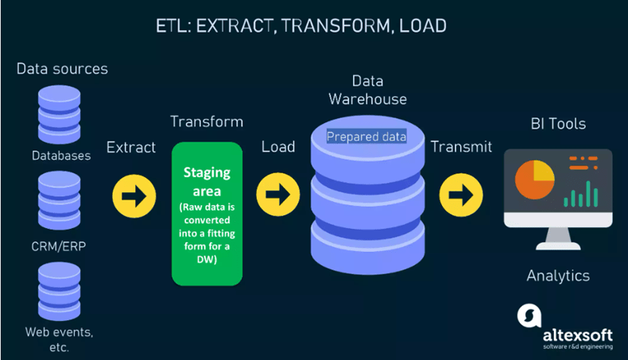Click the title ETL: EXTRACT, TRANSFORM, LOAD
click(x=300, y=26)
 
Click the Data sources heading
click(x=62, y=69)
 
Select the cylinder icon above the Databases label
click(x=59, y=114)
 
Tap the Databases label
click(x=61, y=156)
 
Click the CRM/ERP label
click(x=59, y=246)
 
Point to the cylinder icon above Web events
click(x=59, y=292)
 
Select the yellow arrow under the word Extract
click(x=133, y=195)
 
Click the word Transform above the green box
click(x=207, y=122)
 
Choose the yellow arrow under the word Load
click(x=278, y=195)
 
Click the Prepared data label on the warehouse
click(x=366, y=137)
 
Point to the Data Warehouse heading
click(x=367, y=90)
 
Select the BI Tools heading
click(x=558, y=124)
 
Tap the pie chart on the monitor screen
click(x=534, y=180)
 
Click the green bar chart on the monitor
click(x=581, y=193)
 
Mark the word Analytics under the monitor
click(x=558, y=276)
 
